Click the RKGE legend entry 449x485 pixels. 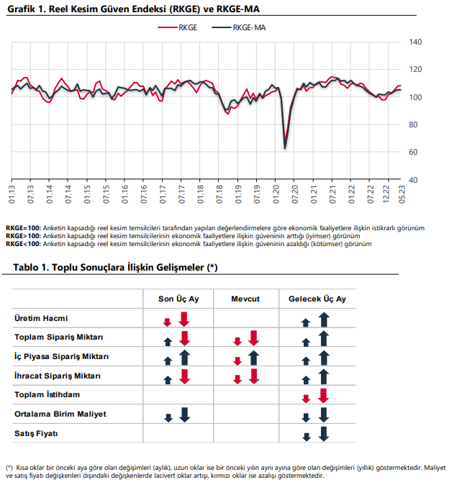coord(178,27)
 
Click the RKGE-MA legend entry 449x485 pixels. coord(239,27)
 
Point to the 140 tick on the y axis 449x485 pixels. coord(415,42)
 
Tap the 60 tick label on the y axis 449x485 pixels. coord(413,152)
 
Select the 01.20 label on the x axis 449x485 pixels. coord(276,194)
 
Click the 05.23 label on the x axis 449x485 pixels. coord(402,194)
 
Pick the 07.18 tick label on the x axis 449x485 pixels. coord(219,194)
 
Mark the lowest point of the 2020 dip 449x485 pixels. coord(285,149)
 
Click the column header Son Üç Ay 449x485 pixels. coord(178,299)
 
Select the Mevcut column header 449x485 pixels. coord(245,299)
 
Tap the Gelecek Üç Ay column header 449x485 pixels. coord(317,299)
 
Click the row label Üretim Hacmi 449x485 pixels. coord(41,318)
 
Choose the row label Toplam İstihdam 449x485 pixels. coord(47,394)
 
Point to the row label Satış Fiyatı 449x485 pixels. coord(36,433)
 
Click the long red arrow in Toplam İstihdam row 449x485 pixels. coord(324,396)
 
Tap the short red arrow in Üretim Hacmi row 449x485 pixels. coord(167,322)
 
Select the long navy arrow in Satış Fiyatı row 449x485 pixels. coord(324,434)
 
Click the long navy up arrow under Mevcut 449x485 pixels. coord(254,358)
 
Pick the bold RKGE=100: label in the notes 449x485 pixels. coord(23,228)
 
